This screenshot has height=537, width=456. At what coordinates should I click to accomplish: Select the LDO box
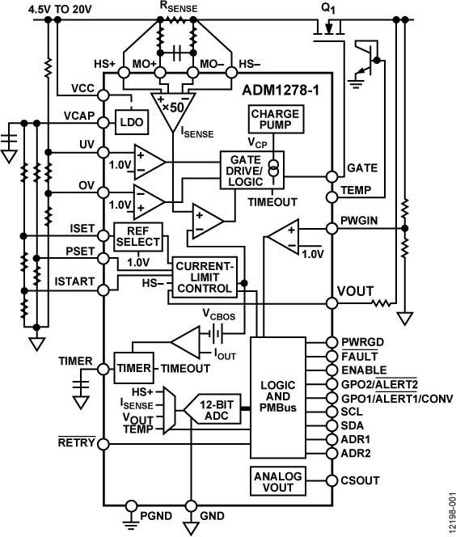click(x=129, y=123)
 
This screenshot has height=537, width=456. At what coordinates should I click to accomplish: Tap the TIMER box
click(x=132, y=368)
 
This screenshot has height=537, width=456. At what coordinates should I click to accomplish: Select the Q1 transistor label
click(x=328, y=9)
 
